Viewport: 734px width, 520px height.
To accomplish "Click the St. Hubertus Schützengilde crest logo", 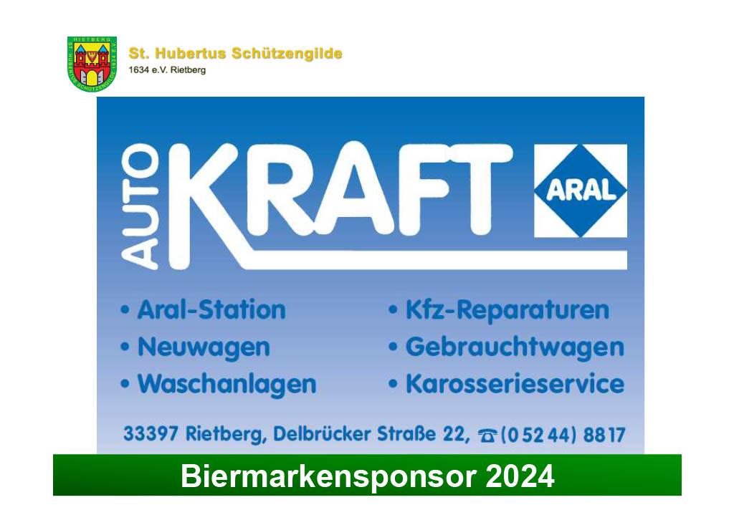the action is click(x=92, y=64).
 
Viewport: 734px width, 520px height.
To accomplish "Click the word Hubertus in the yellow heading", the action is click(x=191, y=53).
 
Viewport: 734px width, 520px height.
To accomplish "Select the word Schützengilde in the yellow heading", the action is click(x=287, y=54).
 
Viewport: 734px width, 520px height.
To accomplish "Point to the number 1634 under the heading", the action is click(x=138, y=70).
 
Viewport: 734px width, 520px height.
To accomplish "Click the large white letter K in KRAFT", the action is click(x=209, y=206).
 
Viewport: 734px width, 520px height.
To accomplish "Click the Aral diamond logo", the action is click(x=581, y=191).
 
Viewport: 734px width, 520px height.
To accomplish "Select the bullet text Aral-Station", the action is click(x=211, y=309).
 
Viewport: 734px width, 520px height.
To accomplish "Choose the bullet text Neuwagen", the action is click(x=204, y=347).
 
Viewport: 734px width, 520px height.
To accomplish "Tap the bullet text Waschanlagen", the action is click(x=227, y=385).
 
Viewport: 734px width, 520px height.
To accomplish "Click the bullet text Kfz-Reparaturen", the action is click(x=507, y=310).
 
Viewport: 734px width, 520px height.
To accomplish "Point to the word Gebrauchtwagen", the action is click(x=515, y=347).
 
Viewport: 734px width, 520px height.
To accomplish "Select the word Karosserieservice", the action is click(x=515, y=384).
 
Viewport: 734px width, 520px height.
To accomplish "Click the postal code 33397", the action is click(x=151, y=433).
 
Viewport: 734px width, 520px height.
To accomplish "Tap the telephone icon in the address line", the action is click(x=487, y=435).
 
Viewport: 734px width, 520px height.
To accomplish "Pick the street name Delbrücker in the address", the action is click(x=322, y=433).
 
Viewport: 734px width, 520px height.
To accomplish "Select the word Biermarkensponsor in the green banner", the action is click(x=328, y=477).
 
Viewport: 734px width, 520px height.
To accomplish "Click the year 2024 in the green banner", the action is click(x=520, y=476).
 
